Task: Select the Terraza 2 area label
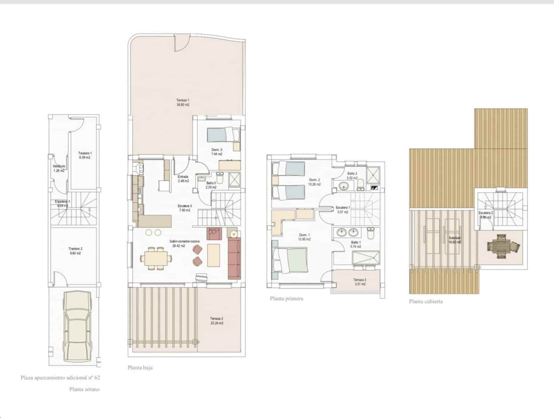(x=217, y=321)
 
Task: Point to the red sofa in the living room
(x=234, y=258)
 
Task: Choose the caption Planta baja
(x=140, y=368)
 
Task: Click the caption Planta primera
(x=286, y=299)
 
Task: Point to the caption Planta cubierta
(x=426, y=302)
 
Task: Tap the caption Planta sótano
(x=84, y=389)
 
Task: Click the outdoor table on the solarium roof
(x=502, y=246)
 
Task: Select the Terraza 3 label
(x=359, y=282)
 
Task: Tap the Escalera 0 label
(x=184, y=208)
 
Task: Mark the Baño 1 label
(x=356, y=244)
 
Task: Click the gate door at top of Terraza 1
(x=182, y=43)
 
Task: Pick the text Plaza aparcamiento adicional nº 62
(x=60, y=377)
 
